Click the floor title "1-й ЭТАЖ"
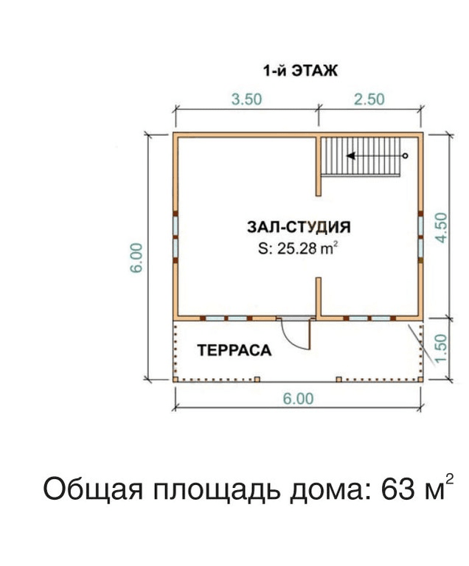pos(300,71)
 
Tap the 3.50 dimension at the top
pos(246,99)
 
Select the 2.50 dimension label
pos(369,99)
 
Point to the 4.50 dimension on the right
pos(441,228)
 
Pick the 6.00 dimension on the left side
pos(136,258)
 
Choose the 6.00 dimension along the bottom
pos(298,399)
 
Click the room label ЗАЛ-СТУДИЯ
pos(299,227)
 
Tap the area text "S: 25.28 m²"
pos(298,248)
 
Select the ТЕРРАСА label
pos(234,350)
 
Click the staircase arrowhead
pos(350,156)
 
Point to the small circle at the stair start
pos(405,156)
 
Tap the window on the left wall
pos(176,237)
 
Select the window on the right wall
pos(420,237)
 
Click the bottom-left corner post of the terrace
pos(176,380)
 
